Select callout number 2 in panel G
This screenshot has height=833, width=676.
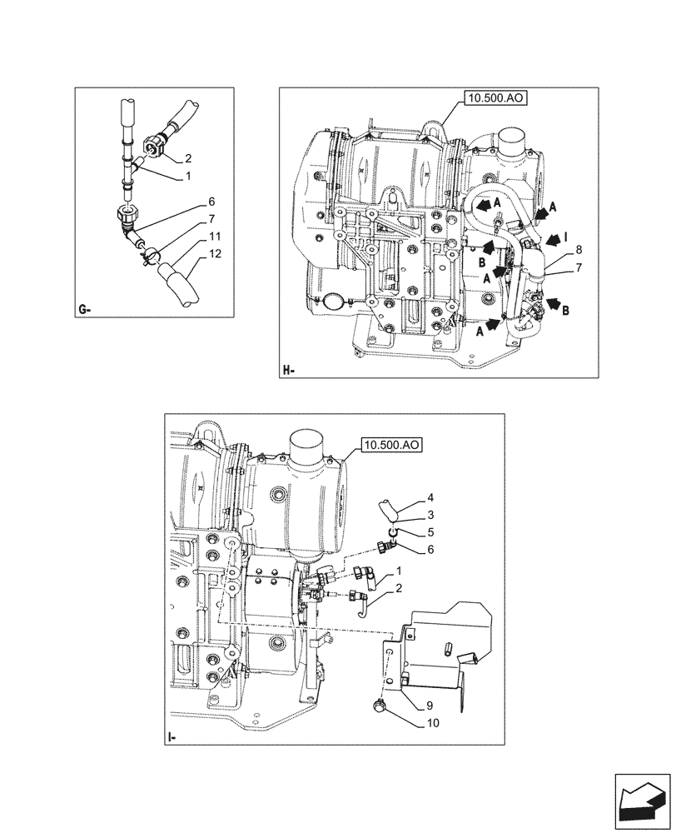(x=188, y=157)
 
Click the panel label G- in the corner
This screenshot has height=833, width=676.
(x=84, y=310)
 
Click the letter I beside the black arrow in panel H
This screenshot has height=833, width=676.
(x=566, y=237)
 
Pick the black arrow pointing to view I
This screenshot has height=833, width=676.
(x=551, y=240)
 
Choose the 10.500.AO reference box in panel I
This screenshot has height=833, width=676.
(x=391, y=446)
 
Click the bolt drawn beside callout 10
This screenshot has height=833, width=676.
(x=380, y=708)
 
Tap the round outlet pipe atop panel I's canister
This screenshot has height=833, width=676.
(x=312, y=446)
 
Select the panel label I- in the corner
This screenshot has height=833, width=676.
(x=171, y=737)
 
